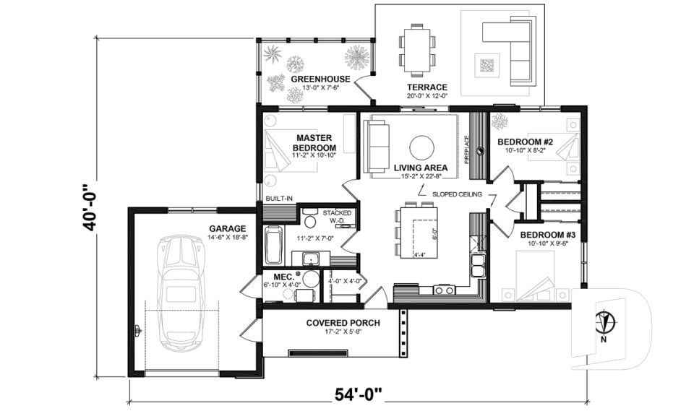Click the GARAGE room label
227,228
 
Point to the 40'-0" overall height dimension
90,205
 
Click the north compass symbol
605,319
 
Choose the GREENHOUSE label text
320,79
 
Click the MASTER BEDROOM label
312,142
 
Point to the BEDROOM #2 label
526,142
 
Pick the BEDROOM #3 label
547,235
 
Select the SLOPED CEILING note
457,194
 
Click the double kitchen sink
477,265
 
